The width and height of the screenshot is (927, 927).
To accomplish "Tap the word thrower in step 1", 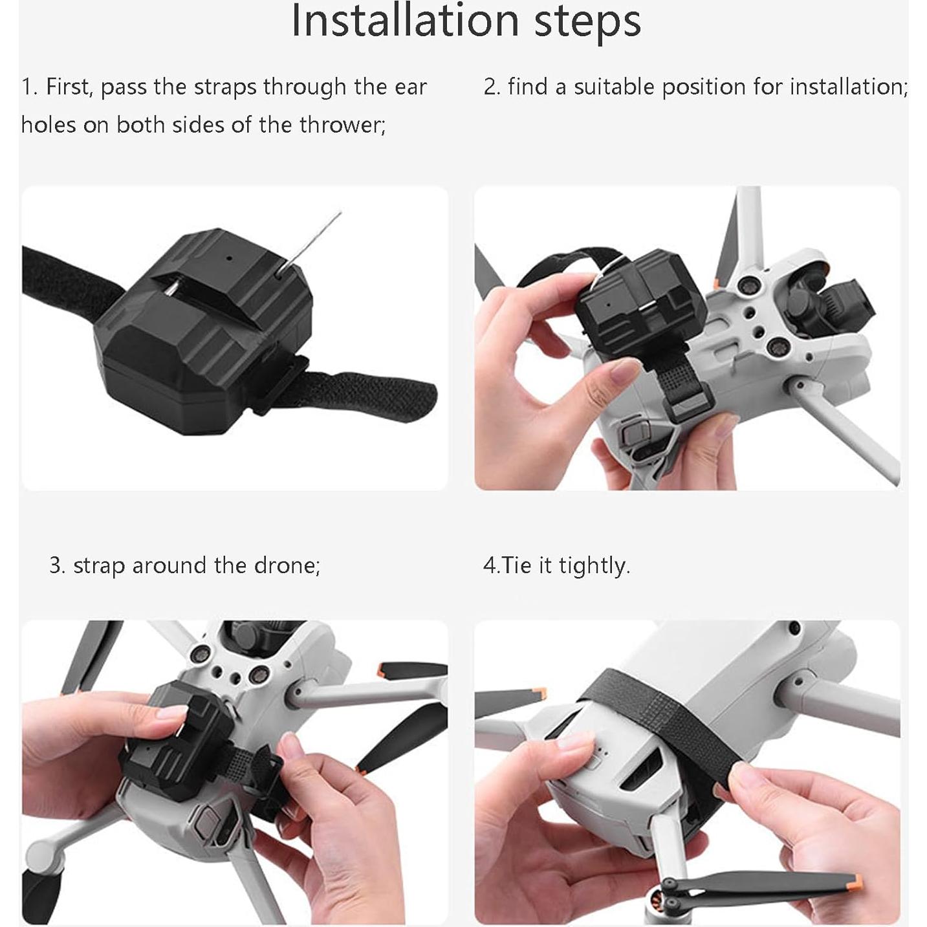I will (x=343, y=124).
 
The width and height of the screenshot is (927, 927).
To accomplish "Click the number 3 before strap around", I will (x=56, y=565).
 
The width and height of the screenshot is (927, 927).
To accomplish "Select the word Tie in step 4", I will (x=516, y=565).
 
